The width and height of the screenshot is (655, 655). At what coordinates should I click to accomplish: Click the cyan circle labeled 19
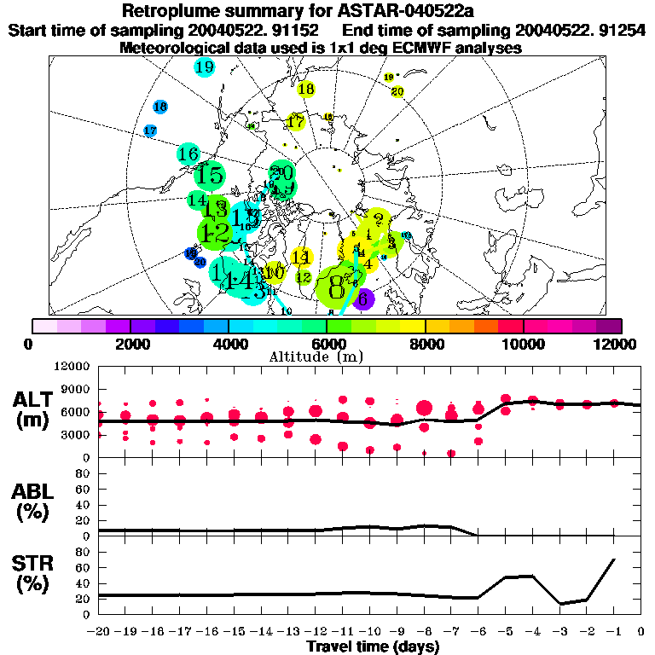coord(205,67)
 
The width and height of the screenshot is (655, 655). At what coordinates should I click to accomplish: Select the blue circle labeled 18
coord(160,107)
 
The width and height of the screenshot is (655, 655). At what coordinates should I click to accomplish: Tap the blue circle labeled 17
coord(151,130)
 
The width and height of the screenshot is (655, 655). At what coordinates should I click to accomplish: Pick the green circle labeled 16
coord(188,154)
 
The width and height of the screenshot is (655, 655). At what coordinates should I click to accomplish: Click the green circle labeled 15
coord(209,177)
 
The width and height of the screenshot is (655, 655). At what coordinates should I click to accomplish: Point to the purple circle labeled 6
coord(363,299)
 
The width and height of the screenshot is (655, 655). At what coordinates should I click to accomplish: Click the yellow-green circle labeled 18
coord(306,89)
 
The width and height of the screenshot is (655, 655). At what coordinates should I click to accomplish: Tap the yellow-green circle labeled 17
coord(296,122)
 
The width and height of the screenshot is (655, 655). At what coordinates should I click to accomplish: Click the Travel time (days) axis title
coord(373,646)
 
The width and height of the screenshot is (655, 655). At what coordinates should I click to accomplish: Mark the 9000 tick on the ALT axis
coord(78,389)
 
